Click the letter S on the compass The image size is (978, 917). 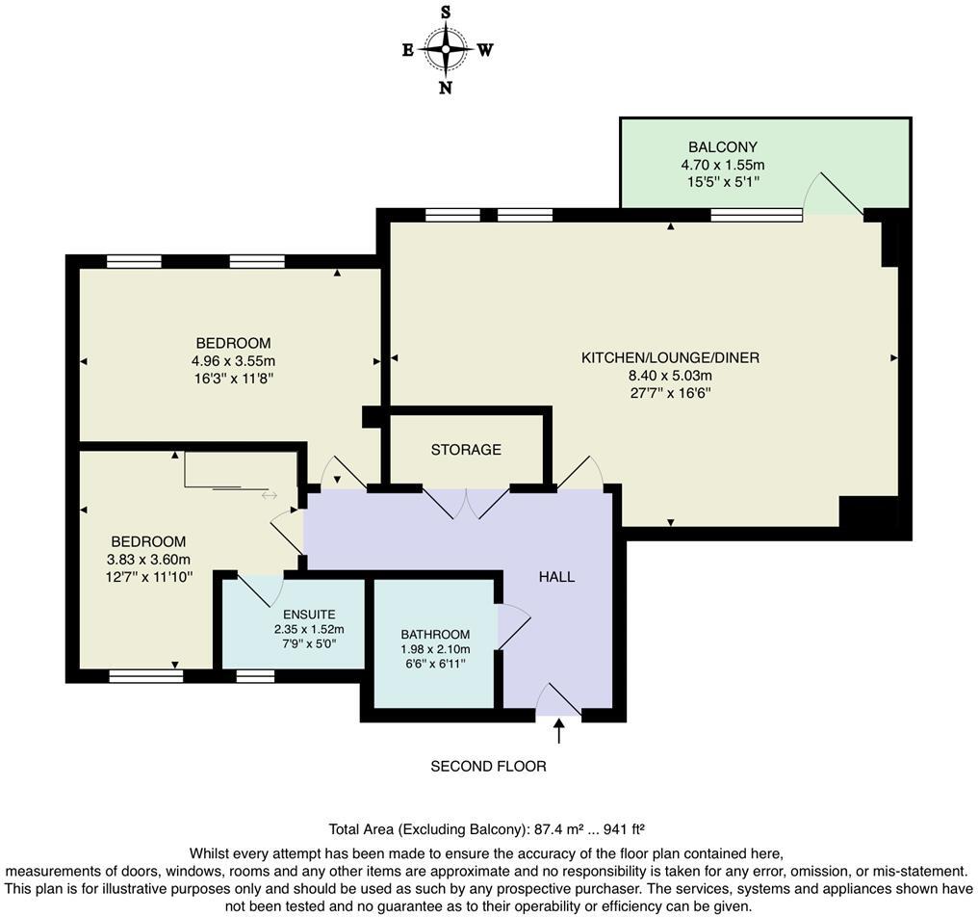446,12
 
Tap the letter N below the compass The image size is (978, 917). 446,88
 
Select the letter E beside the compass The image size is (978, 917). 408,50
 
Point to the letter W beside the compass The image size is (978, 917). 485,50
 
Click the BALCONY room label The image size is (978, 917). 722,147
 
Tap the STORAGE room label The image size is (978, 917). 466,450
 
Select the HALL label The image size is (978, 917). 557,577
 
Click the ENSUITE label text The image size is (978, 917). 309,615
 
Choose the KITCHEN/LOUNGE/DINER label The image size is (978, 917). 671,357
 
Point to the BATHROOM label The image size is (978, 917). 435,634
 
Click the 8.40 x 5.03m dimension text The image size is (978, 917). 671,376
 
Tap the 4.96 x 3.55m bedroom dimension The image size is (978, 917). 233,361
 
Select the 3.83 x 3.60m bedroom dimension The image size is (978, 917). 148,560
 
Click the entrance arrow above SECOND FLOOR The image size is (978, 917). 559,730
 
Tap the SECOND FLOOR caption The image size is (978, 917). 488,766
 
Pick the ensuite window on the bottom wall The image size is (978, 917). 255,675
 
